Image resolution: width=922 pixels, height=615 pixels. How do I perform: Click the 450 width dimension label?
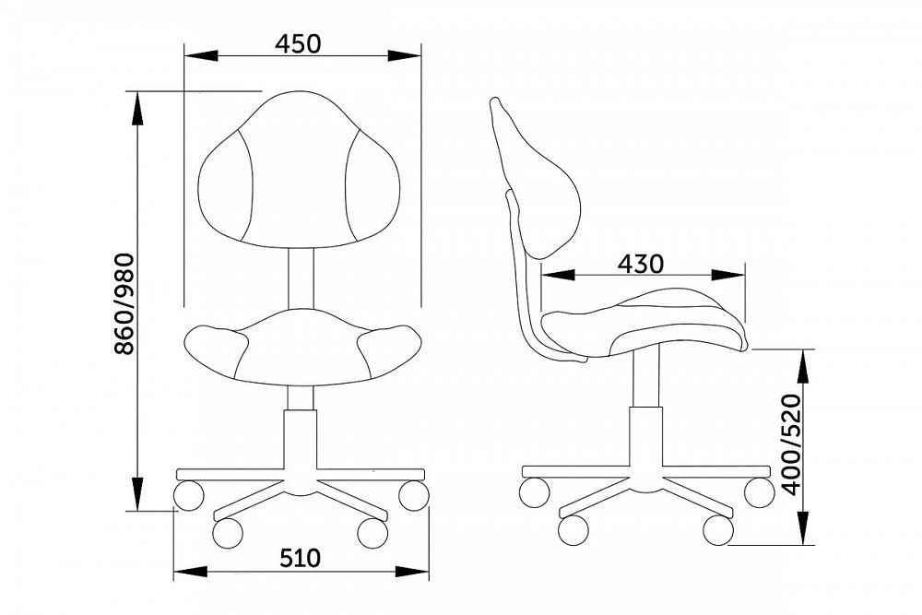tap(298, 43)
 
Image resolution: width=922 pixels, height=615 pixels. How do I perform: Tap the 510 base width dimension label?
tap(300, 558)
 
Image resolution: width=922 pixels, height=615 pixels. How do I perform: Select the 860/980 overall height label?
tap(124, 304)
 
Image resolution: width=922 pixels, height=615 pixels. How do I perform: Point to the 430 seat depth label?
tap(641, 265)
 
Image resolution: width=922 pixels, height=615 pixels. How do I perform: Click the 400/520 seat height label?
tap(792, 445)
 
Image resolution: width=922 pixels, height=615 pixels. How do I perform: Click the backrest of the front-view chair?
tap(299, 170)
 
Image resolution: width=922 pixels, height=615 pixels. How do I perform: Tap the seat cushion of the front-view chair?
tap(302, 348)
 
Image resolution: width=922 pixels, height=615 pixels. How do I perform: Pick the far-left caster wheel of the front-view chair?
tap(189, 495)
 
